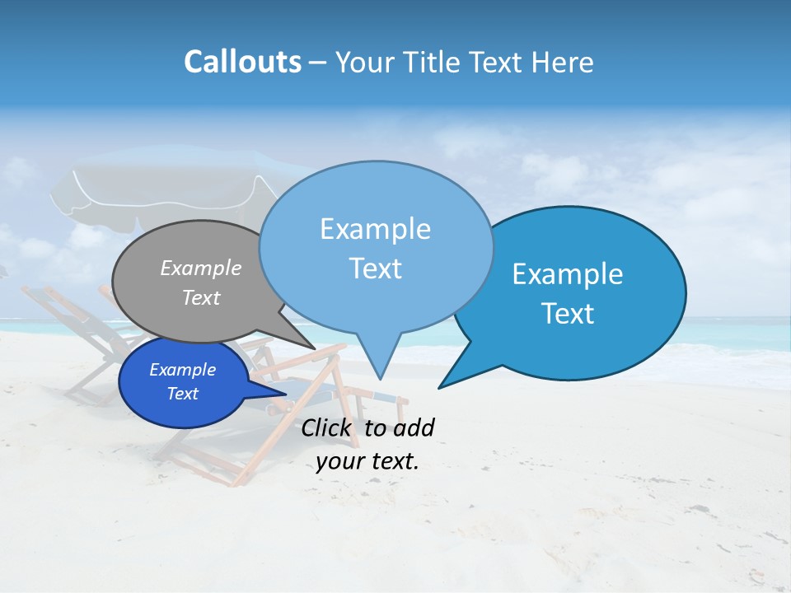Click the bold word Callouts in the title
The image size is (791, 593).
click(x=242, y=62)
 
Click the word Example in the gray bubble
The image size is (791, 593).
click(x=201, y=268)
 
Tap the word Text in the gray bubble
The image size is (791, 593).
click(x=201, y=298)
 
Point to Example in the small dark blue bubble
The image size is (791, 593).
click(x=182, y=371)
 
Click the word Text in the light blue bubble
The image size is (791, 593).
click(x=376, y=268)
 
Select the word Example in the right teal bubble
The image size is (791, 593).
click(x=568, y=274)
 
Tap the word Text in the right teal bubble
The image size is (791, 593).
click(x=568, y=314)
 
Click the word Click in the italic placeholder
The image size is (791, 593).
click(x=328, y=428)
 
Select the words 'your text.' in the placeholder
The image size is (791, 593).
click(x=367, y=461)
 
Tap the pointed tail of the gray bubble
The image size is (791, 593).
click(x=308, y=343)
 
